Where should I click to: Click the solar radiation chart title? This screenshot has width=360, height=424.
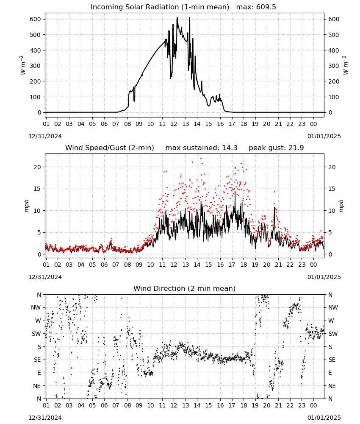160,7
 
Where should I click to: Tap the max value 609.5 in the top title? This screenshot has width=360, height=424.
266,7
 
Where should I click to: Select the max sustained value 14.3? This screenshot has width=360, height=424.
230,148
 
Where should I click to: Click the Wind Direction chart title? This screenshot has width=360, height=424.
185,288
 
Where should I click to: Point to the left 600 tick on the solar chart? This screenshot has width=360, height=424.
36,19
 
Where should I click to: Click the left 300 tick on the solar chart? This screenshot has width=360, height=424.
36,66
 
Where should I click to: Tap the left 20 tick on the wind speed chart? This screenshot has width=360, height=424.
37,167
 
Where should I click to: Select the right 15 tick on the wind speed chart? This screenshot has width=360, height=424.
332,189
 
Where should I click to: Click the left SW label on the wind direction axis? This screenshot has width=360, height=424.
36,334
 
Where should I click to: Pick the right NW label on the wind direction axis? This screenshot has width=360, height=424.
333,307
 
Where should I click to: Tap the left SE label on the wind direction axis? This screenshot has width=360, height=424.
37,360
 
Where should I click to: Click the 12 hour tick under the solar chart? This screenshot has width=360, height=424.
174,124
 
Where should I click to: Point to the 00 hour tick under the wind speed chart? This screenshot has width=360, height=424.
313,265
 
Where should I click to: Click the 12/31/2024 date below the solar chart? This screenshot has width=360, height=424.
45,136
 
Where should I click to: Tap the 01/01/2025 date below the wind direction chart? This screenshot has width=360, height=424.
324,418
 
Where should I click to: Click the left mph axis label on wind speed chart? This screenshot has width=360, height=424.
26,206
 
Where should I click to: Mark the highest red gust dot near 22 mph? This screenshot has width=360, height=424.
201,159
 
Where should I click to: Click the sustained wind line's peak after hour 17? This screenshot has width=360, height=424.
235,192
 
